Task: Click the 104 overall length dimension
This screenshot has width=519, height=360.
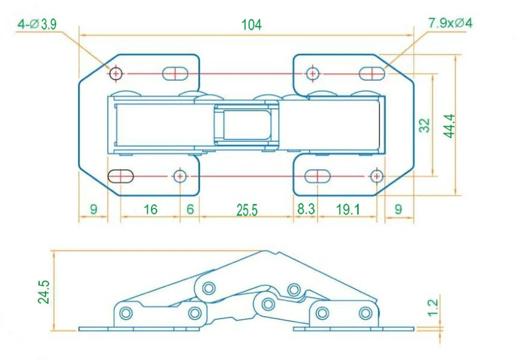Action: tap(252, 25)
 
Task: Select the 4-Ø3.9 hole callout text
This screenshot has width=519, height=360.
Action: tap(37, 24)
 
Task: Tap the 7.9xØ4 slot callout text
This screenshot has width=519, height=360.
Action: tap(450, 23)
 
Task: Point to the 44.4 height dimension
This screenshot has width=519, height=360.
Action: tap(449, 126)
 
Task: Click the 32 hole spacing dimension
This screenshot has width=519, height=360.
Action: tap(425, 125)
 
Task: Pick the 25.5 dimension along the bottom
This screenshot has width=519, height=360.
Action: tap(247, 210)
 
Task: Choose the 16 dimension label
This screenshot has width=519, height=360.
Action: tap(151, 209)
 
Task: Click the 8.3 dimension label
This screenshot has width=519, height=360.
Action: tap(306, 209)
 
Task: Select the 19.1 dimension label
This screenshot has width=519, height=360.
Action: tap(348, 210)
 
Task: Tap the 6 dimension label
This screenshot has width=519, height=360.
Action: tap(190, 209)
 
